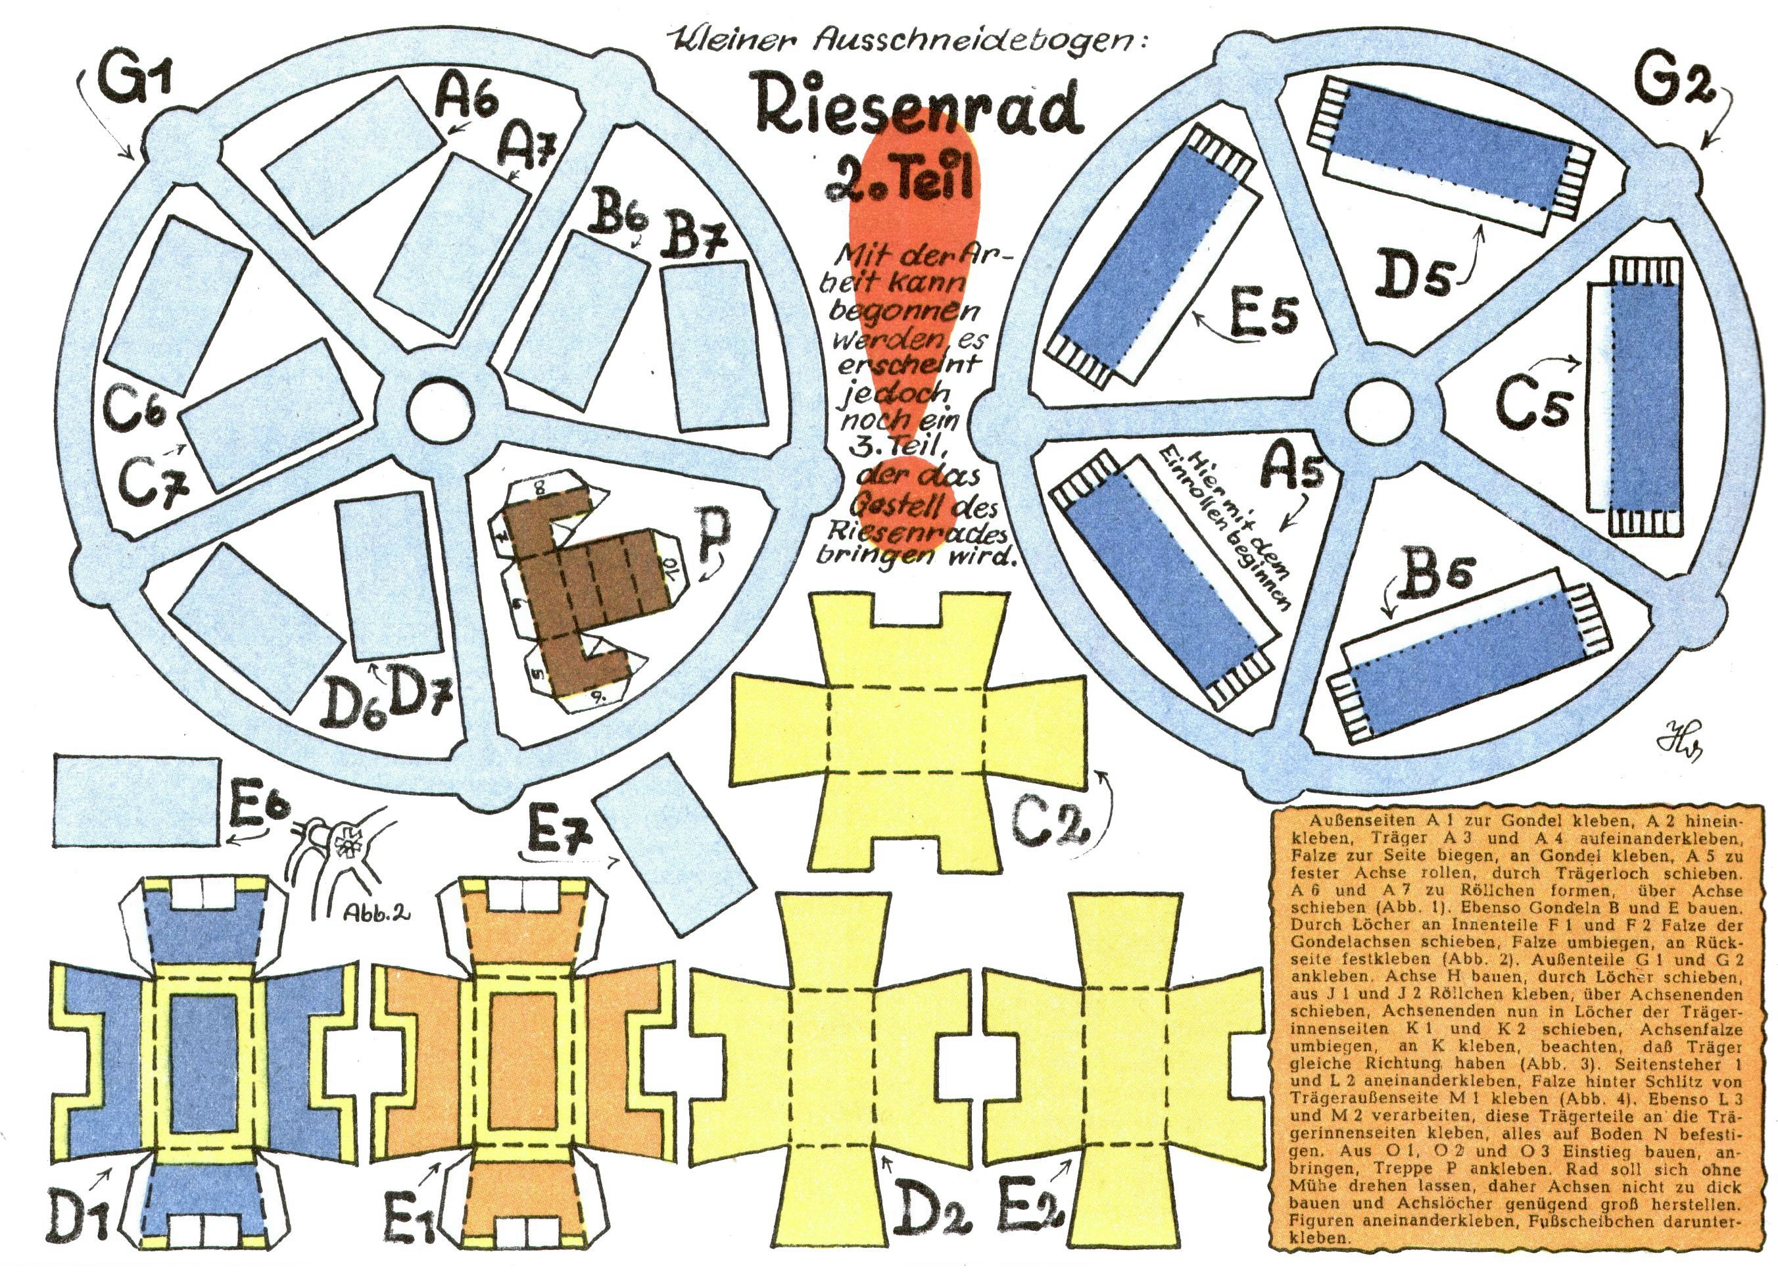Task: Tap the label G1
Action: (135, 82)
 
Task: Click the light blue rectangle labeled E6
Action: (135, 800)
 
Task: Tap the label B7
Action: (693, 239)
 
